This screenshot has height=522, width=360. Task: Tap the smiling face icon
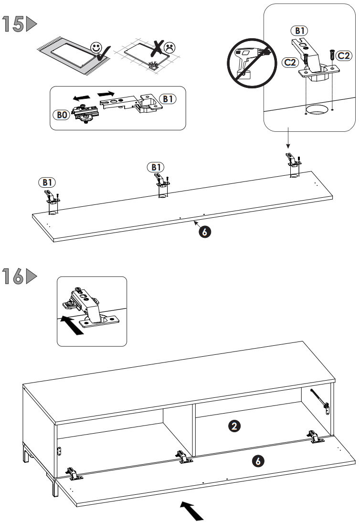[97, 48]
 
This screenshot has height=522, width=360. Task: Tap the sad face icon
[169, 47]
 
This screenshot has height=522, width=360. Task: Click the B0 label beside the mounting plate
[60, 115]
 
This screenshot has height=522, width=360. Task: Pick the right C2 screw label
[343, 56]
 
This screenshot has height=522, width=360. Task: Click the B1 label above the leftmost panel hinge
[46, 182]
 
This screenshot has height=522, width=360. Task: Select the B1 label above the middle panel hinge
[157, 167]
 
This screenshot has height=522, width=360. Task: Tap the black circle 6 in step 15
[204, 232]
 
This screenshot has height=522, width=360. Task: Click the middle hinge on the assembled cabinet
[183, 457]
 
